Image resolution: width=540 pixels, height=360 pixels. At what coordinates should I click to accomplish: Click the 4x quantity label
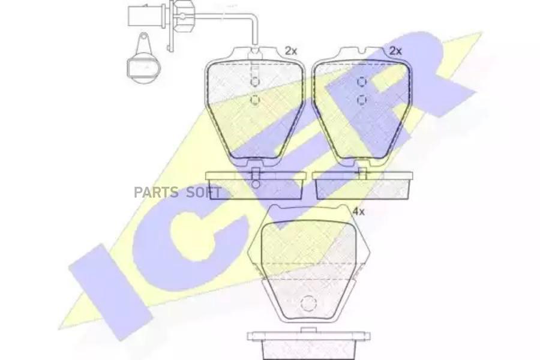(359, 212)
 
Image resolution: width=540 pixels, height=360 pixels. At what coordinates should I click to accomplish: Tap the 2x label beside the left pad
(290, 51)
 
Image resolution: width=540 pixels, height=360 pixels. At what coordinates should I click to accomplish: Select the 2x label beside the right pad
(396, 51)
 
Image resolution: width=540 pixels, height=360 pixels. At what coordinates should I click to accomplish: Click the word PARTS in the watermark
(156, 192)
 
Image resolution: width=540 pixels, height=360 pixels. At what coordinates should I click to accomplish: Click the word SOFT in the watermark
(204, 192)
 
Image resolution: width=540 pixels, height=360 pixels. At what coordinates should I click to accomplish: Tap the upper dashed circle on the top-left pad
(255, 82)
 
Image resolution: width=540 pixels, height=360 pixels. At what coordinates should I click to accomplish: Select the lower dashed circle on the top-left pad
(255, 100)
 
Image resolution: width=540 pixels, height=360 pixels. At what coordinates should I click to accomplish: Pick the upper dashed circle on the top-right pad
(362, 82)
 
